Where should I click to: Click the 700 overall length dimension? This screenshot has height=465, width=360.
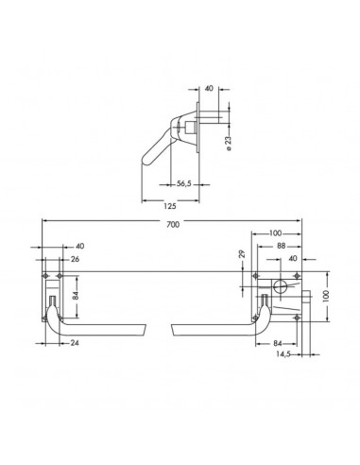173,224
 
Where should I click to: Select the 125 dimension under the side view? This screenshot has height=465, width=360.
170,206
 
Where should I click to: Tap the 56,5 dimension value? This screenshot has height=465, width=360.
184,183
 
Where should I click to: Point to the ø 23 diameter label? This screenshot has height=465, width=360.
229,143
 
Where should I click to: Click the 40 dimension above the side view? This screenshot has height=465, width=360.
209,88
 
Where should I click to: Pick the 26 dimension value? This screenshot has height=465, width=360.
75,259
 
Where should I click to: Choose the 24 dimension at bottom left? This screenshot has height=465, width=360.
75,343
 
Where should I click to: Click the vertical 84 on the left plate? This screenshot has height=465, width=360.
75,297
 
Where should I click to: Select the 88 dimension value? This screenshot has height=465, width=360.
281,246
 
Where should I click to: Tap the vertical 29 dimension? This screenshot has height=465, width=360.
242,254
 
